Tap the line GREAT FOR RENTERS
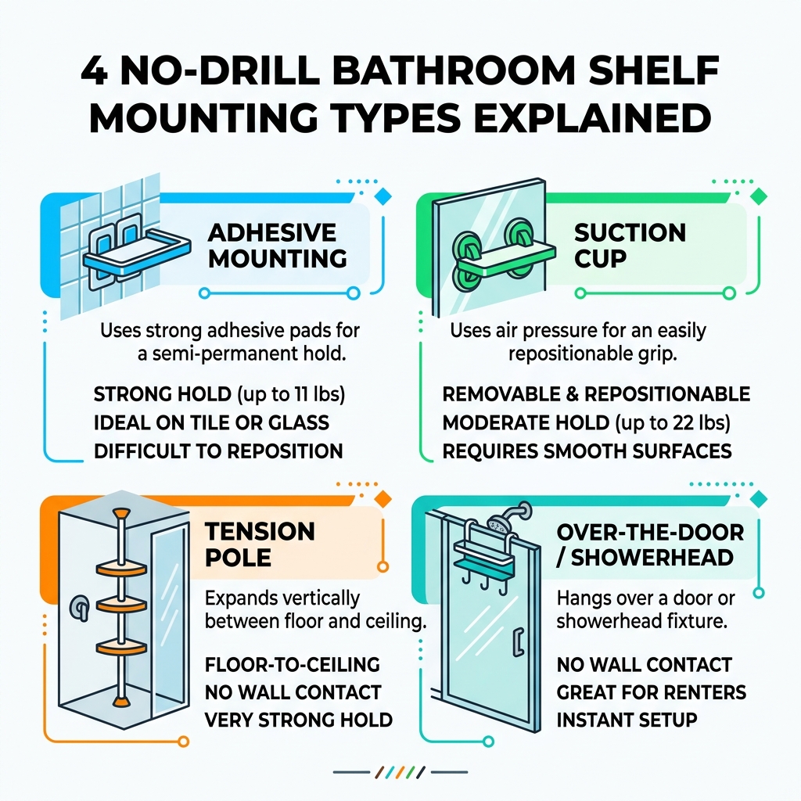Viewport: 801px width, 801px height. tap(651, 692)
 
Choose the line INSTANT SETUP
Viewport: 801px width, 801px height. tap(626, 719)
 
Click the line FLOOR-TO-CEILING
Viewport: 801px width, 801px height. tap(292, 665)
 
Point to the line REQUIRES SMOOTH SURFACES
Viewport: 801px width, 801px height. tap(587, 451)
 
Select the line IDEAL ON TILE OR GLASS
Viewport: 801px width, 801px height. tap(211, 422)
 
